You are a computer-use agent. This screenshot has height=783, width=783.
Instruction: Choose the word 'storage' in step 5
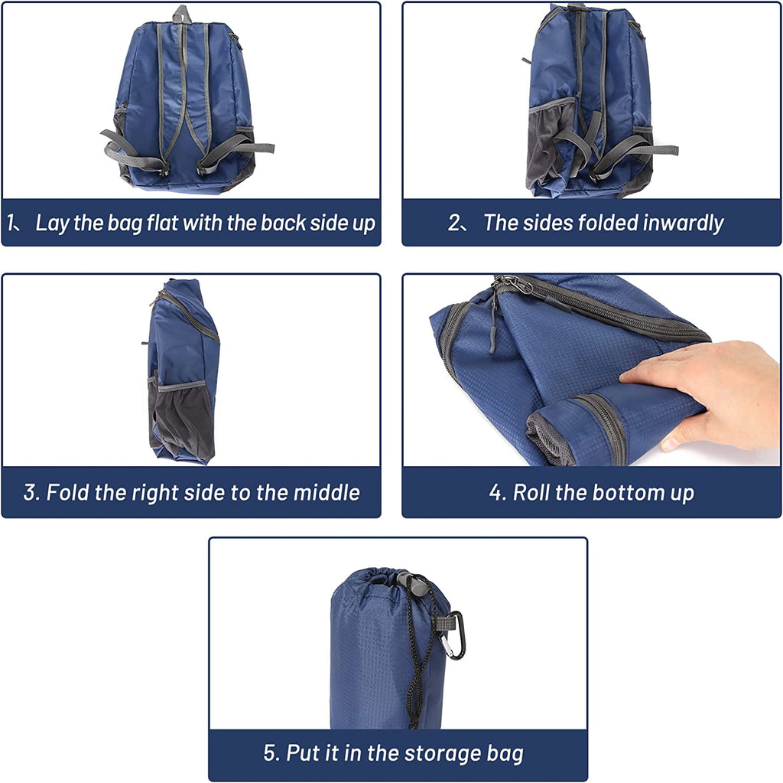tap(443, 753)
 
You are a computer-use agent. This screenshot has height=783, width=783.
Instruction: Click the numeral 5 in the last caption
tap(270, 753)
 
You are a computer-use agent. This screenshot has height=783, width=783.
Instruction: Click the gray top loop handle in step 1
tap(182, 14)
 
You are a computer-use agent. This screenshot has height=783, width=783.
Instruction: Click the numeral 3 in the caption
tap(30, 493)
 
